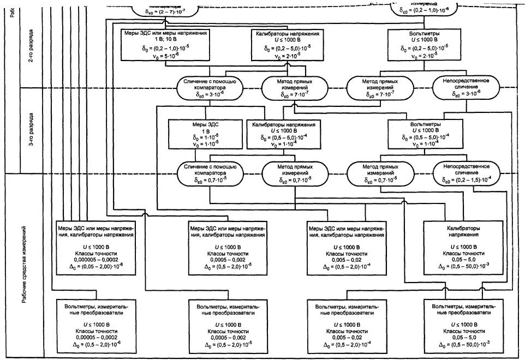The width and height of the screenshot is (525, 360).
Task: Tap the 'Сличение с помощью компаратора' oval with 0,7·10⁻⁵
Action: tap(207, 173)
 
